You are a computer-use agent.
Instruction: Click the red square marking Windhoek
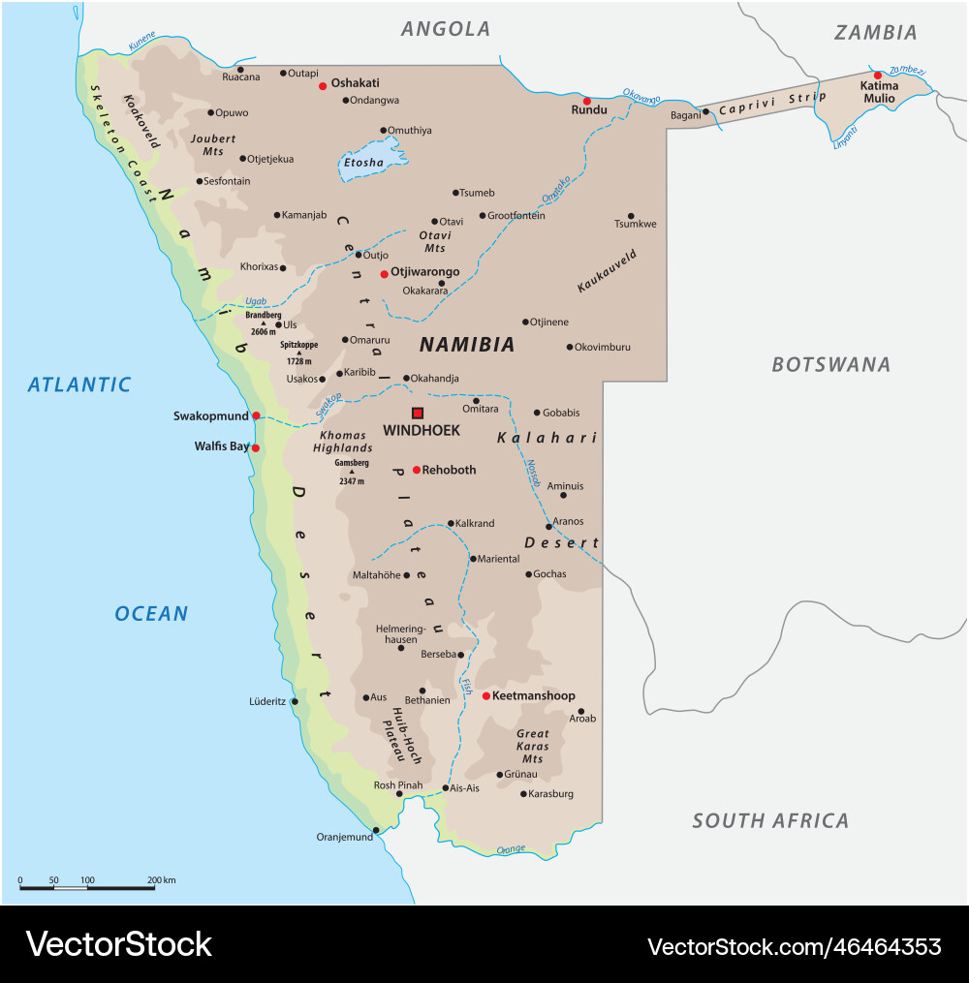point(418,413)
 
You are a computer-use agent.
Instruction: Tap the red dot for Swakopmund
point(256,415)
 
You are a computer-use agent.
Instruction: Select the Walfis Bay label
point(222,446)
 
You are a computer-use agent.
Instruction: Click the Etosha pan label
point(364,163)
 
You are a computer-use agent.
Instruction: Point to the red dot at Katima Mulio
point(878,75)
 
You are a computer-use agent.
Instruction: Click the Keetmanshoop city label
point(534,695)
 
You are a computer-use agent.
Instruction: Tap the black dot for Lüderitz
point(295,701)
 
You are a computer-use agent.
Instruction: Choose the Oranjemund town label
point(345,837)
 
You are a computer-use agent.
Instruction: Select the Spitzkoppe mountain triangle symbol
point(298,353)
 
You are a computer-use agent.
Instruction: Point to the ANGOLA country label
point(446,29)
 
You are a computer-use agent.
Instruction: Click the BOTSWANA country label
point(830,365)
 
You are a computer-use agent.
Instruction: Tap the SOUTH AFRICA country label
point(770,821)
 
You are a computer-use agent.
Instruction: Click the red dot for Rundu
point(586,101)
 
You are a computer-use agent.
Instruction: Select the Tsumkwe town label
point(636,224)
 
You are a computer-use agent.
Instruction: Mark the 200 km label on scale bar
point(162,880)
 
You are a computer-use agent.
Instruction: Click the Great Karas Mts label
point(533,747)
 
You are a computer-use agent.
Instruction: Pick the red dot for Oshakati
point(323,85)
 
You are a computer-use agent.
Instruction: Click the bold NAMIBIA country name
point(467,345)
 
